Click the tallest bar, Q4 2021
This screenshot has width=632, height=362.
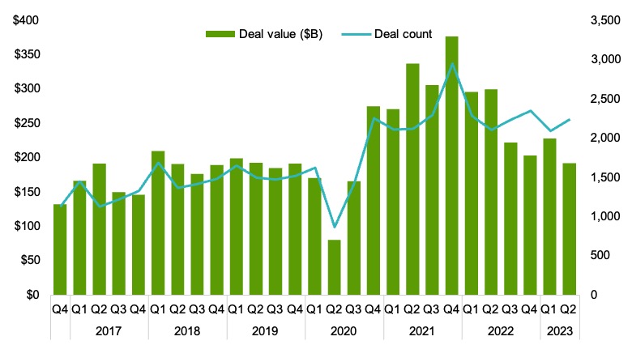tap(452, 165)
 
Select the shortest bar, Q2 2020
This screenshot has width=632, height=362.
tap(335, 267)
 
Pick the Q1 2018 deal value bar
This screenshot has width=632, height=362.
tap(159, 223)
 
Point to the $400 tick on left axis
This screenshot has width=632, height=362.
tap(25, 20)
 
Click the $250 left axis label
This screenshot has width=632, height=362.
tap(25, 123)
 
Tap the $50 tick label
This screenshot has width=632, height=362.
tap(28, 260)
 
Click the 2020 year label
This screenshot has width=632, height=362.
tap(344, 331)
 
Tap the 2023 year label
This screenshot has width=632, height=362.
tap(560, 331)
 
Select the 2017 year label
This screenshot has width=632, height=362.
tap(109, 331)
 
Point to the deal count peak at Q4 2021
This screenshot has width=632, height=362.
tap(452, 64)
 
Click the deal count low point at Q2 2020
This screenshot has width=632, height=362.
tap(335, 227)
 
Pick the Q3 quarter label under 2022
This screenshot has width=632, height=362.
tap(510, 309)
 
